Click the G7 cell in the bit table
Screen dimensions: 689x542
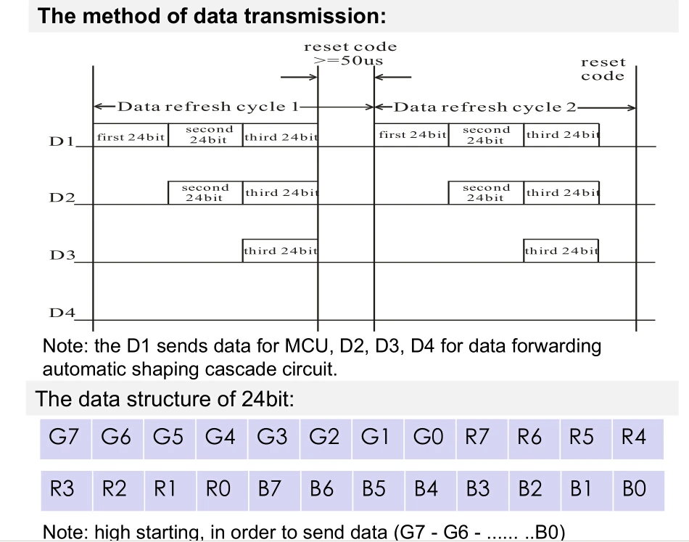coord(65,439)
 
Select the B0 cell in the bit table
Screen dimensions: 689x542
coord(639,490)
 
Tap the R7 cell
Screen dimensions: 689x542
coord(482,439)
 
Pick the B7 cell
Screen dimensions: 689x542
coord(275,490)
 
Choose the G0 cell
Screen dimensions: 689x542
coord(430,439)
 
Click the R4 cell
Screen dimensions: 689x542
coord(638,439)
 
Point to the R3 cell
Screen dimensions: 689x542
coord(66,490)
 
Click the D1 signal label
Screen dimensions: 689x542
coord(62,141)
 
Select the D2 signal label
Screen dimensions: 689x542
coord(62,198)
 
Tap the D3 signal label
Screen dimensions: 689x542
coord(62,255)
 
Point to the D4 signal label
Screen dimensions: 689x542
coord(62,313)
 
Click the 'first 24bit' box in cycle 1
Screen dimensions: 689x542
coord(131,135)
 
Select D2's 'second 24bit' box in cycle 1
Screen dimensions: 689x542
coord(205,192)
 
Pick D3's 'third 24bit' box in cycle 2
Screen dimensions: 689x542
coord(561,250)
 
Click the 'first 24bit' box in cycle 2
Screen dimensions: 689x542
coord(411,135)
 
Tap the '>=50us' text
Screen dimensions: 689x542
coord(349,61)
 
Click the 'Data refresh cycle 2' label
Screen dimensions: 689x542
coord(484,107)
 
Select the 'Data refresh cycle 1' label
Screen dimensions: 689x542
coord(208,107)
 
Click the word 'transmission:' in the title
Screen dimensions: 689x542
coord(315,16)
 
